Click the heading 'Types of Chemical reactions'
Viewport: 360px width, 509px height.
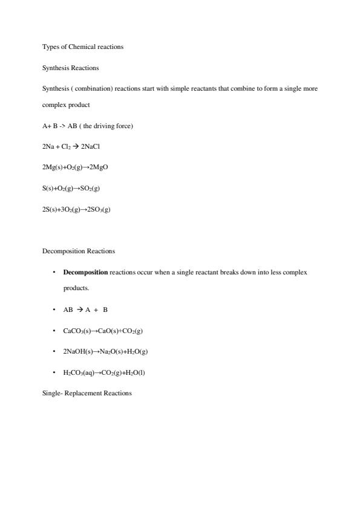83,47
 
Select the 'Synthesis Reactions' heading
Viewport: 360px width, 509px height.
71,68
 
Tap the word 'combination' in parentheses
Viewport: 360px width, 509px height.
91,88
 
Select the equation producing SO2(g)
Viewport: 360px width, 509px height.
71,188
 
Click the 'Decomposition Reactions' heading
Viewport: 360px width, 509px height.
79,251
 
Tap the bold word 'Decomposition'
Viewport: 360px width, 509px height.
85,273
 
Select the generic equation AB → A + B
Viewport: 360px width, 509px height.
85,310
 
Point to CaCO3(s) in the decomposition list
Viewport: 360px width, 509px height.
77,331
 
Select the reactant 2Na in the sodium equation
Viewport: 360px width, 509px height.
48,146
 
